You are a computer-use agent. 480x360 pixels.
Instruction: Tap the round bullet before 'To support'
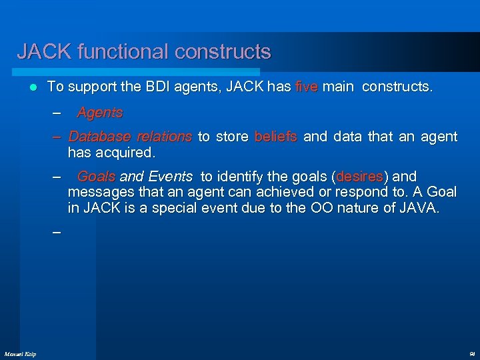33,87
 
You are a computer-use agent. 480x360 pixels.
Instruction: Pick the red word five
307,87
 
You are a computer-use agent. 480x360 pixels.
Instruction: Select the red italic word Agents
100,113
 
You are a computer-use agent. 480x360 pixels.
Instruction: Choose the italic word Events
171,177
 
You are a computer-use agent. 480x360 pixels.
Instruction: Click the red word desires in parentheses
361,177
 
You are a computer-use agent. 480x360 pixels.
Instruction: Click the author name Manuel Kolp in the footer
20,353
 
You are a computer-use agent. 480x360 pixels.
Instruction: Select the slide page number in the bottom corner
471,353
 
